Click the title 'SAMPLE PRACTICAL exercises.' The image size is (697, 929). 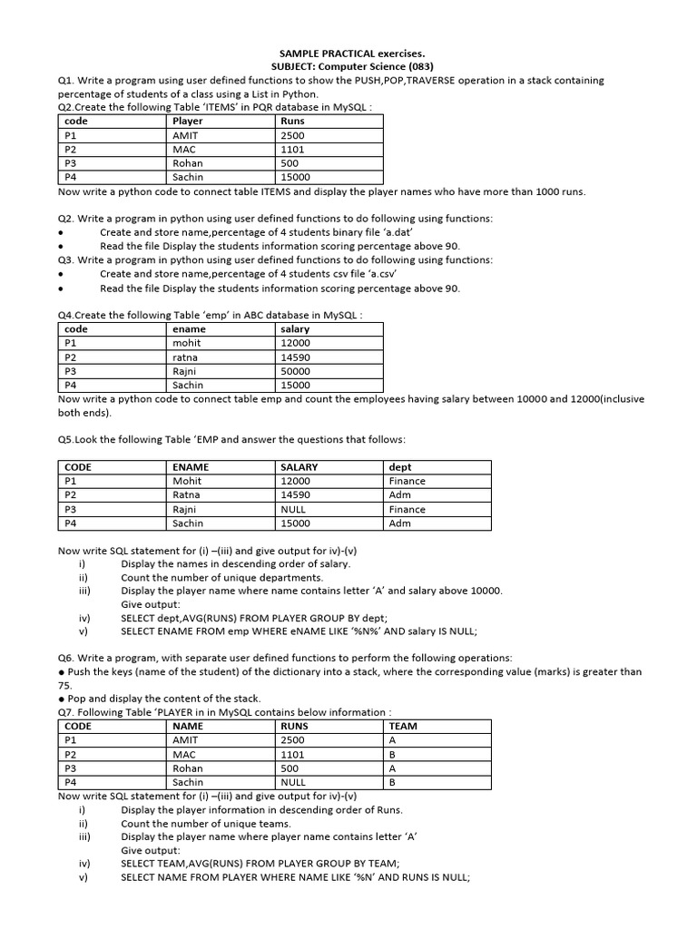pos(352,54)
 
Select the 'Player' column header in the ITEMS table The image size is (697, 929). pos(188,121)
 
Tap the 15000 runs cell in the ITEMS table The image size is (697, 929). pos(296,177)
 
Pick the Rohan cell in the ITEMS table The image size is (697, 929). pos(188,163)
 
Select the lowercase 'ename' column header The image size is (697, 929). pos(189,329)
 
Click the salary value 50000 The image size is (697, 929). pos(296,371)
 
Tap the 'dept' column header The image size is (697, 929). pos(400,467)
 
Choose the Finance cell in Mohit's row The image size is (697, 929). pos(407,481)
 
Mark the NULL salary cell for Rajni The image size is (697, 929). pos(295,509)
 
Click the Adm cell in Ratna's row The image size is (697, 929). pos(399,495)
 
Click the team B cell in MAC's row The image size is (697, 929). pos(392,754)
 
